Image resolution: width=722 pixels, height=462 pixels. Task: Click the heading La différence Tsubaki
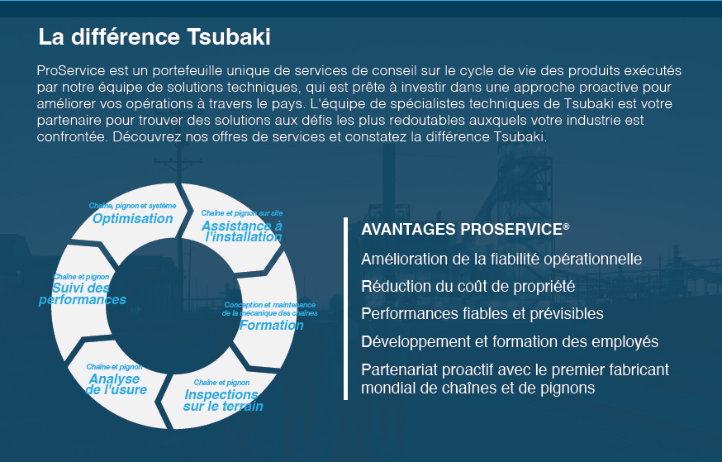154,37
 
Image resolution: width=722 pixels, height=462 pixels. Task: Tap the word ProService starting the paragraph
71,71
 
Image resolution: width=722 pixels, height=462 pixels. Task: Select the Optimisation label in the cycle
133,218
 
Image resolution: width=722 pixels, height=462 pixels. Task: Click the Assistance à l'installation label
242,231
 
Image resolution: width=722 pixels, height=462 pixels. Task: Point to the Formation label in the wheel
272,325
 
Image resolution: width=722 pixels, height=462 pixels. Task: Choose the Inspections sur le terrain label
223,400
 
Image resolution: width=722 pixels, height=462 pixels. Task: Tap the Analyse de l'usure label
116,384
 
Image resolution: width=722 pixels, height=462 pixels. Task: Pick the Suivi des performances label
83,294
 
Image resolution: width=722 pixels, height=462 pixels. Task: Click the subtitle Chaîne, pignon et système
133,206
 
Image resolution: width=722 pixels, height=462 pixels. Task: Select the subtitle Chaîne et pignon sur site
242,213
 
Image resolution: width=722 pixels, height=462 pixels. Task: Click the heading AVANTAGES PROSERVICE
465,230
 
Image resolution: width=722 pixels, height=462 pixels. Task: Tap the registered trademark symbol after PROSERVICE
566,226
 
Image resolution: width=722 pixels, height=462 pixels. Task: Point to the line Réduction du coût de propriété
468,287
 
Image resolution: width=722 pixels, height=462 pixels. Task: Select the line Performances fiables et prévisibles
482,314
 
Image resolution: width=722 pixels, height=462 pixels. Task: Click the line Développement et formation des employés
510,342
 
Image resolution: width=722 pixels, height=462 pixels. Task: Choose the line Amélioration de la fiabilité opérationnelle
501,259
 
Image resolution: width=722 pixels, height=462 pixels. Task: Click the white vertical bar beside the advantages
346,308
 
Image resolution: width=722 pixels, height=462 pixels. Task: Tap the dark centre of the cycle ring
173,307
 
